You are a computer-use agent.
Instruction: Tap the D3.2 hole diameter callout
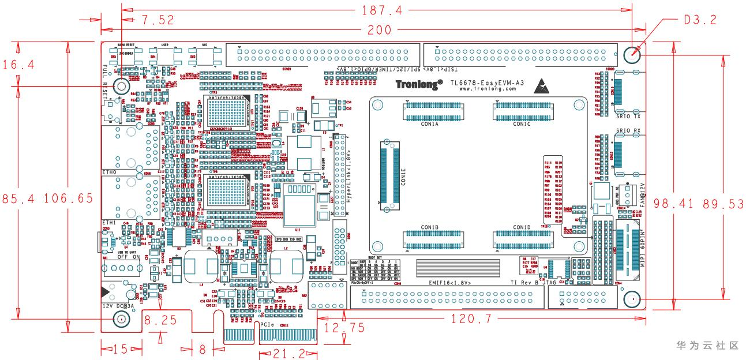700,20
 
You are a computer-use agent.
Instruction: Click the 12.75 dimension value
344,328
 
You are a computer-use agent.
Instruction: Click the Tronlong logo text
419,84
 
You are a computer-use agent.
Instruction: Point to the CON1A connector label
430,124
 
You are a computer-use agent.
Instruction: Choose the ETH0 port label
110,172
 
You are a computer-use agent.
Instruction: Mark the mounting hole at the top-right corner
633,55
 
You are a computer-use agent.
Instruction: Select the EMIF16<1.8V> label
450,283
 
